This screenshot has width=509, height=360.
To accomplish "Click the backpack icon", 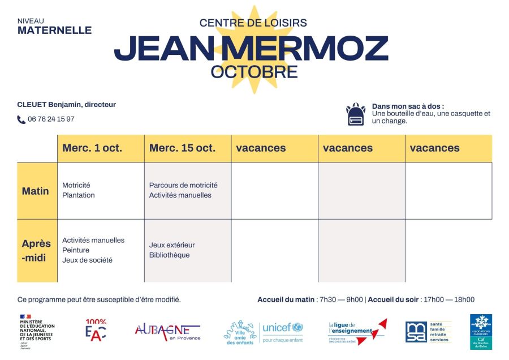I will point(355,114).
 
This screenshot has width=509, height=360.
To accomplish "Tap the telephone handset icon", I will point(21,119).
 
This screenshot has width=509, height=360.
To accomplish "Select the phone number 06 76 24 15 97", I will point(51,119).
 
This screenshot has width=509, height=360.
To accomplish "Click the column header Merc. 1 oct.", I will point(92,148).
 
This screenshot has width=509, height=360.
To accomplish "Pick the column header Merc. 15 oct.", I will point(182,148).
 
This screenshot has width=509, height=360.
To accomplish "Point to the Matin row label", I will point(36,191).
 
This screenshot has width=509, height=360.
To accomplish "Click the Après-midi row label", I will point(36,251).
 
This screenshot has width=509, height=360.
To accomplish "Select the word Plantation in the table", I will point(79,195).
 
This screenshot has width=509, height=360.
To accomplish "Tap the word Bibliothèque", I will point(170,255).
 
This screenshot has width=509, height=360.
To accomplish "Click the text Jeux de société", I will point(87,260).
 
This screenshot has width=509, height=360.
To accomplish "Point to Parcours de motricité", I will point(183,185).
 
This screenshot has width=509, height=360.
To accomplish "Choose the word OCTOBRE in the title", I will point(254,72).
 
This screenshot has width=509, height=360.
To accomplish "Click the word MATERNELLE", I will point(54,31).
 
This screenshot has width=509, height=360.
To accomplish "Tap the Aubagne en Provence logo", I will point(167,332).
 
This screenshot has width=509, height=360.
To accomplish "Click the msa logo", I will point(416,332).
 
